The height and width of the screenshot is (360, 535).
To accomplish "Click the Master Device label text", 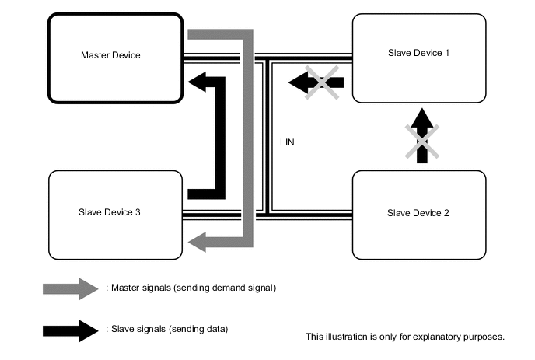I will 110,55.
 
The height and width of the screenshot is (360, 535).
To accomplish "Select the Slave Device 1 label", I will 418,52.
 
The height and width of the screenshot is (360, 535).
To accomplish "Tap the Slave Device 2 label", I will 418,212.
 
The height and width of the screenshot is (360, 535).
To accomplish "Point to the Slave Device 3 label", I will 109,211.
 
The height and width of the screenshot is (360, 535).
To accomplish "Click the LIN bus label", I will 288,143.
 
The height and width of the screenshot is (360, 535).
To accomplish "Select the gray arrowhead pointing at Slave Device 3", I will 199,242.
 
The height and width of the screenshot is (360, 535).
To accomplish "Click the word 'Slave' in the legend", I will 121,330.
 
